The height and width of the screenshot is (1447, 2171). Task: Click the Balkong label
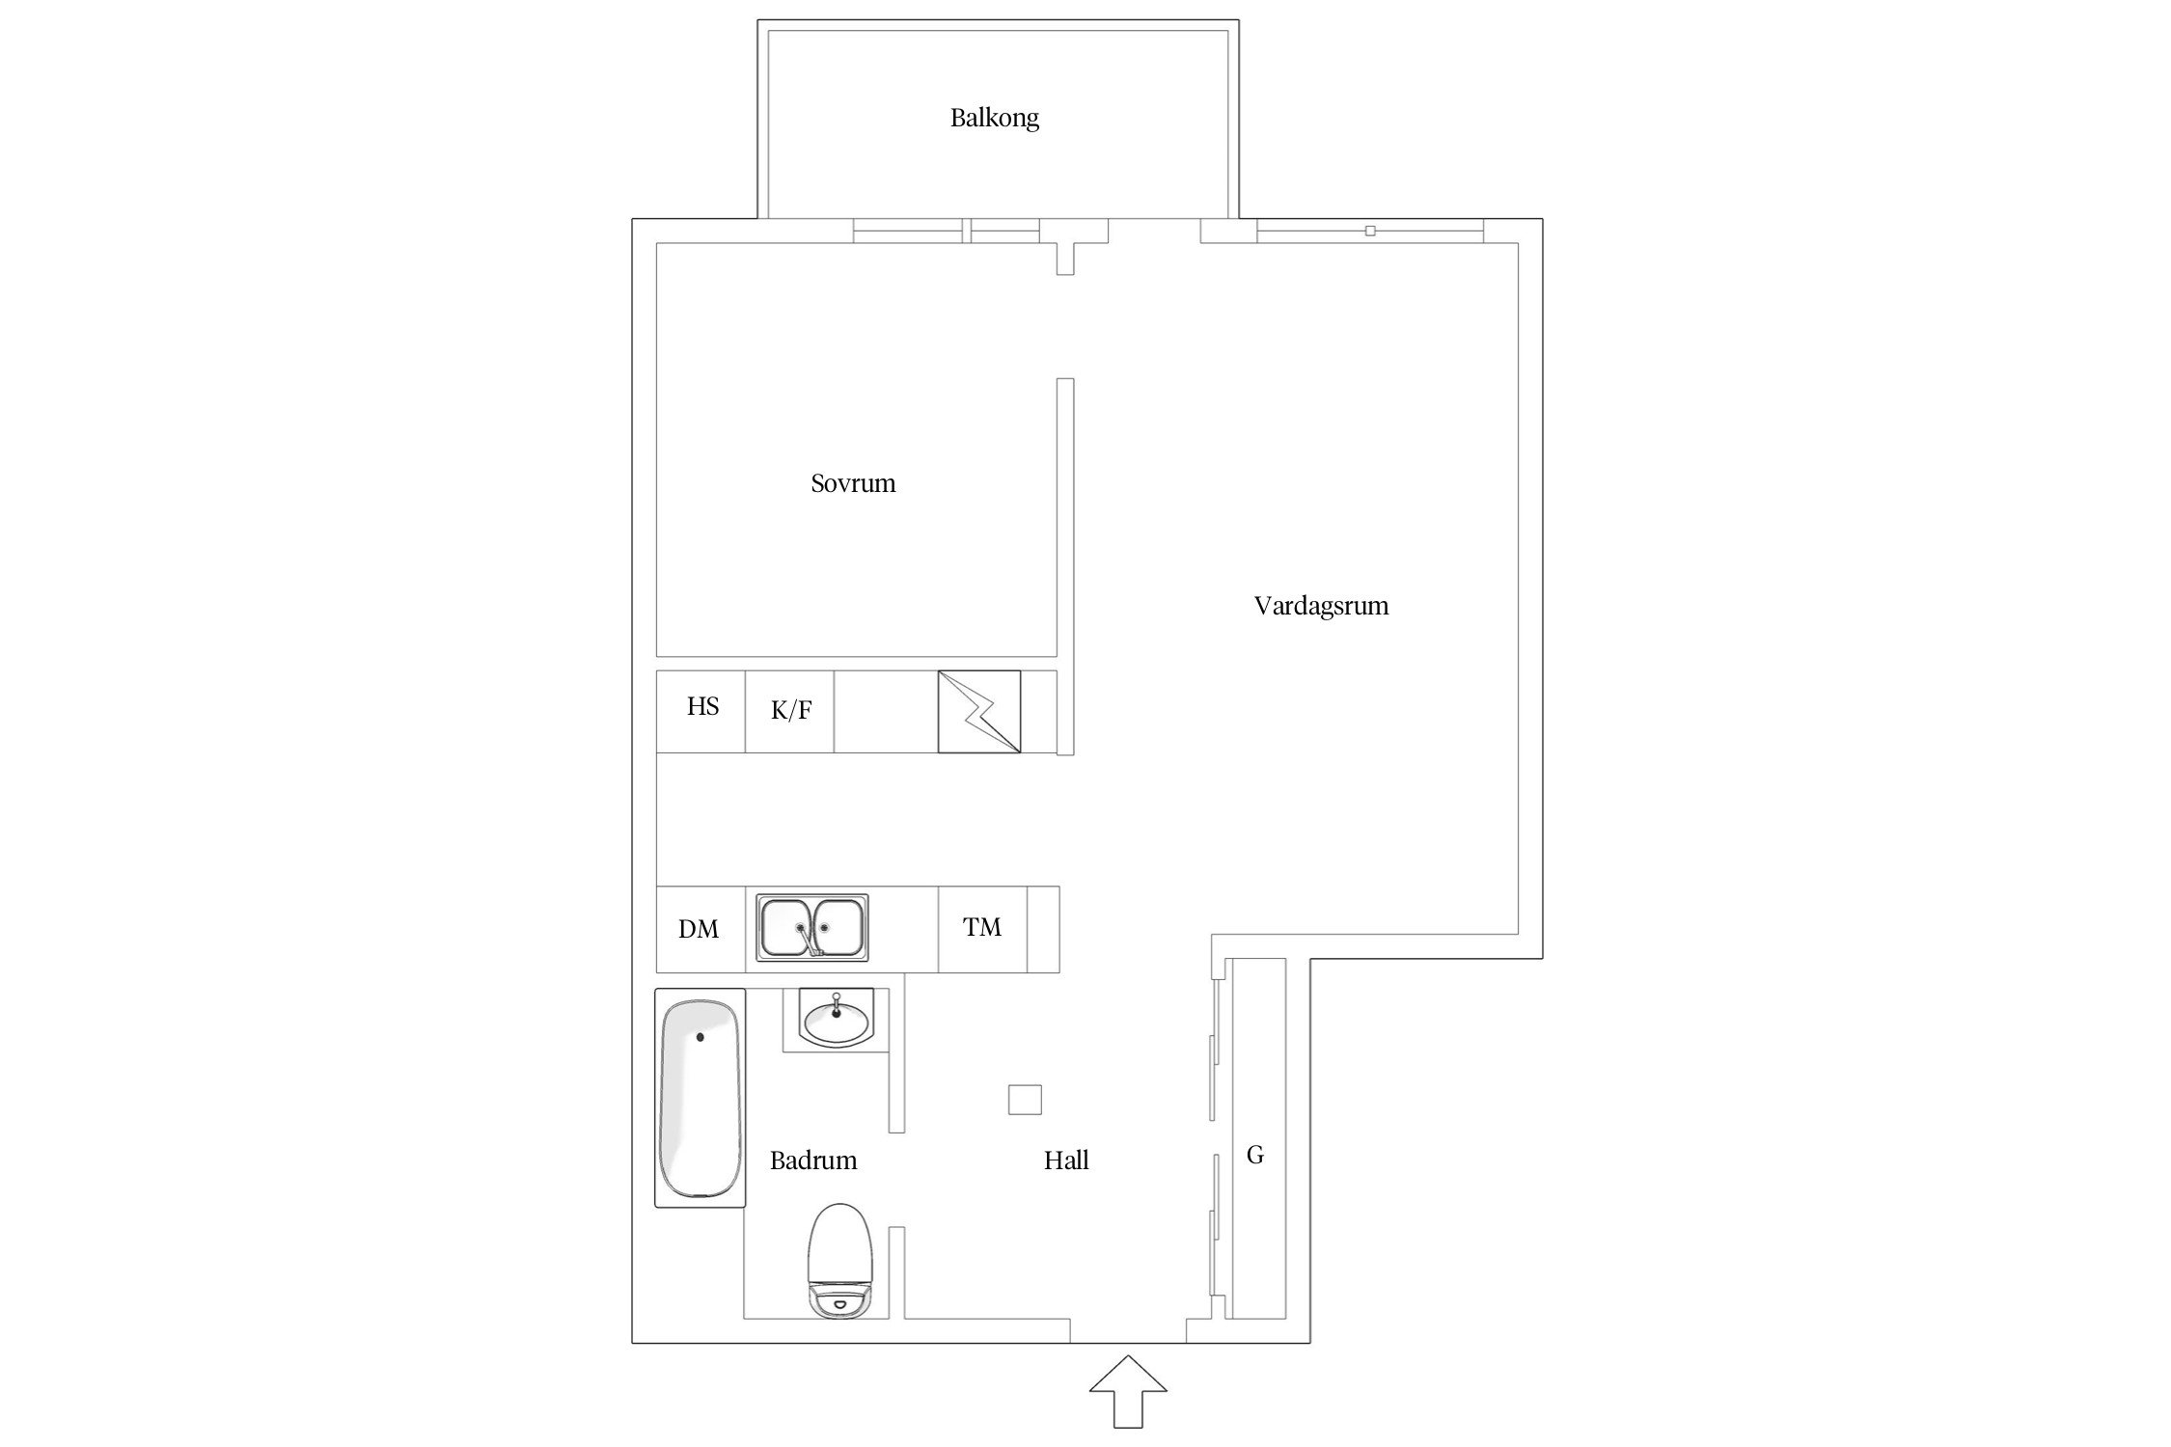coord(994,119)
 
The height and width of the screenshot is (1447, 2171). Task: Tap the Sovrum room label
coord(853,483)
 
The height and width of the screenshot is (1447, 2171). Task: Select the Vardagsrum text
coord(1321,607)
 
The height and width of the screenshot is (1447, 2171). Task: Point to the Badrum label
coord(813,1160)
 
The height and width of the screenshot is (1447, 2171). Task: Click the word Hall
coord(1066,1160)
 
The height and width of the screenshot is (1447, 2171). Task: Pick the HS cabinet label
coord(702,706)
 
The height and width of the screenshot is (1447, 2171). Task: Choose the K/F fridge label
coord(791,711)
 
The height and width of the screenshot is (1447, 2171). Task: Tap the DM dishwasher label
coord(699,929)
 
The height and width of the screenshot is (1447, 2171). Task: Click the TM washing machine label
coord(982,927)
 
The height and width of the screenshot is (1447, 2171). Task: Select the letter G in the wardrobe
coord(1255,1155)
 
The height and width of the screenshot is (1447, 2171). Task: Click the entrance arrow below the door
coord(1128,1390)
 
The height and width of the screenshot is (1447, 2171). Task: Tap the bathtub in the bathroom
coord(701,1098)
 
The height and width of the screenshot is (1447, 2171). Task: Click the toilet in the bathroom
coord(840,1260)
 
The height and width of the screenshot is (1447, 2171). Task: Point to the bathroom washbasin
coord(837,1020)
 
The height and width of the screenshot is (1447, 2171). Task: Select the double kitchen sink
coord(811,928)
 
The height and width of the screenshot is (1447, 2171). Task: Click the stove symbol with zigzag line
coord(979,712)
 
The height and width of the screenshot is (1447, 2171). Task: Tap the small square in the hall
coord(1025,1100)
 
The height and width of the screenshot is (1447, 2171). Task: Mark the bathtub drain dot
coord(701,1037)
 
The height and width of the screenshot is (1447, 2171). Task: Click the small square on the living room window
coord(1370,231)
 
